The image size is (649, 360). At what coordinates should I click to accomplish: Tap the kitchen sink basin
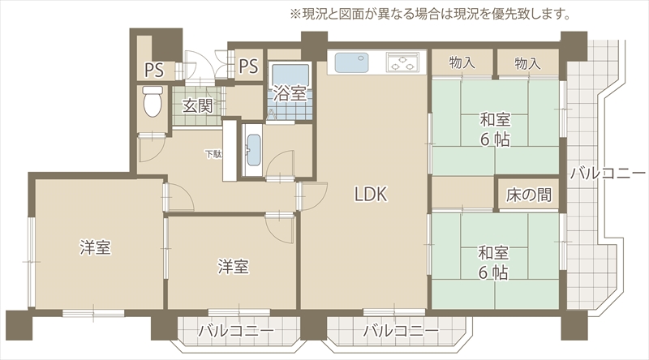[352, 62]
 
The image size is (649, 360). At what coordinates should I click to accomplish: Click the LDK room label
[371, 194]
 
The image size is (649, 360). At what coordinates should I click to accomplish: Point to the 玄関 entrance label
[198, 106]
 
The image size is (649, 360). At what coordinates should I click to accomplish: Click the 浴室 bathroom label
[290, 93]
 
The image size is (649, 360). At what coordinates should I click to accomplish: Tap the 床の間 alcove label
[529, 195]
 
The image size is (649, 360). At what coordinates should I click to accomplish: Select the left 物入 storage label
[462, 63]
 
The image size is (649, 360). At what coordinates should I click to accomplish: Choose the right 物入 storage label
[527, 63]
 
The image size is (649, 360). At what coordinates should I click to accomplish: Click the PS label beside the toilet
[154, 71]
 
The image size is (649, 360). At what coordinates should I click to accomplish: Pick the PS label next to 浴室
[248, 66]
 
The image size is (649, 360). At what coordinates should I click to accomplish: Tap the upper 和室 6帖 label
[495, 130]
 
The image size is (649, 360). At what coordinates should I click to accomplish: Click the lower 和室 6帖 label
[493, 263]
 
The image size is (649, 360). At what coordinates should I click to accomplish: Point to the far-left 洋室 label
[95, 247]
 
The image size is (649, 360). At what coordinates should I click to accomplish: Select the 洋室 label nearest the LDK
[234, 267]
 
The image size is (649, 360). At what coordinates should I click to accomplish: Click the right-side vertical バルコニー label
[608, 173]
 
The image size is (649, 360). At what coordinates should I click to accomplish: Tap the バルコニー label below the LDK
[401, 331]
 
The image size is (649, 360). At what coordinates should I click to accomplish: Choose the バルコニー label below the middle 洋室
[236, 331]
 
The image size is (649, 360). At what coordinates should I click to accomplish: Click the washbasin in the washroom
[253, 150]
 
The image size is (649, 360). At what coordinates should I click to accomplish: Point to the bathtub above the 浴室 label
[290, 74]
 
